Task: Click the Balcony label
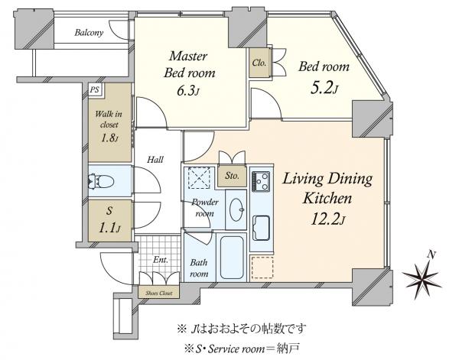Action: click(90, 33)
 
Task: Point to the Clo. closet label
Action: click(258, 63)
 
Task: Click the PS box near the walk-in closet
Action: click(95, 89)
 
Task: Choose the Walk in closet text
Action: click(106, 123)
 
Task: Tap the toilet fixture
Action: click(101, 181)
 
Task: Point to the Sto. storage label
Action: click(232, 176)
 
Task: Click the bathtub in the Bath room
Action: click(232, 258)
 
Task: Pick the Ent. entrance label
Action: click(161, 261)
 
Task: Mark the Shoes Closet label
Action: click(158, 293)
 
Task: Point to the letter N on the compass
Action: click(431, 254)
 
